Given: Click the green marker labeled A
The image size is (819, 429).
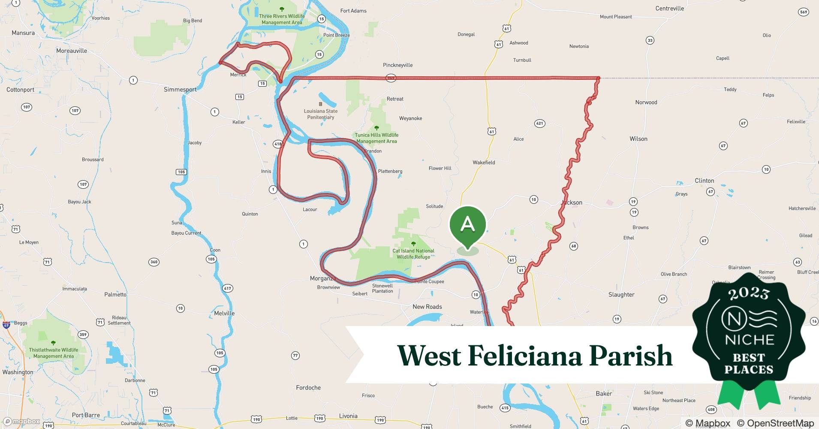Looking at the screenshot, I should pyautogui.click(x=467, y=225).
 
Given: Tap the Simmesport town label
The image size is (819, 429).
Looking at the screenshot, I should pyautogui.click(x=180, y=90).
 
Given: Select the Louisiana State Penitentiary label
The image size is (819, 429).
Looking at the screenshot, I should pyautogui.click(x=320, y=114).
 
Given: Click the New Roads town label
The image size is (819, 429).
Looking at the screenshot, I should pyautogui.click(x=427, y=307).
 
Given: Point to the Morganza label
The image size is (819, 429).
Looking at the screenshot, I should pyautogui.click(x=322, y=278).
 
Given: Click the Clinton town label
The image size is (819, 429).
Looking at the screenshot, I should pyautogui.click(x=704, y=181).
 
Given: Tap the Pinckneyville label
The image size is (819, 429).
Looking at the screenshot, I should pyautogui.click(x=397, y=65).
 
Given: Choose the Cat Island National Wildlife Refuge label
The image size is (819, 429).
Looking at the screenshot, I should pyautogui.click(x=413, y=254).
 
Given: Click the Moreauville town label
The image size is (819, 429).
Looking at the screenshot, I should pyautogui.click(x=72, y=51).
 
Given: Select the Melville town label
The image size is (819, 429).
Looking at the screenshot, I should pyautogui.click(x=224, y=313).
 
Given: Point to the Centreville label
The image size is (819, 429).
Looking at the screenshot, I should pyautogui.click(x=669, y=8).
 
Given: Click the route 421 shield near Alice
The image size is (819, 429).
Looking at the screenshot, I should pyautogui.click(x=539, y=124).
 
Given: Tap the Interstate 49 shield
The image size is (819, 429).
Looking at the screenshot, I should pyautogui.click(x=6, y=325).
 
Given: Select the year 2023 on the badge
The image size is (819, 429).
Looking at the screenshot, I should pyautogui.click(x=749, y=293).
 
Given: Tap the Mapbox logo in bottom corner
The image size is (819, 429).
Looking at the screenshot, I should pyautogui.click(x=21, y=421).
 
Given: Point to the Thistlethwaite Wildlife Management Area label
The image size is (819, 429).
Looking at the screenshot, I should pyautogui.click(x=54, y=353).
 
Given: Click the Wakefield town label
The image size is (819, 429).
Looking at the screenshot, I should pyautogui.click(x=484, y=163).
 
